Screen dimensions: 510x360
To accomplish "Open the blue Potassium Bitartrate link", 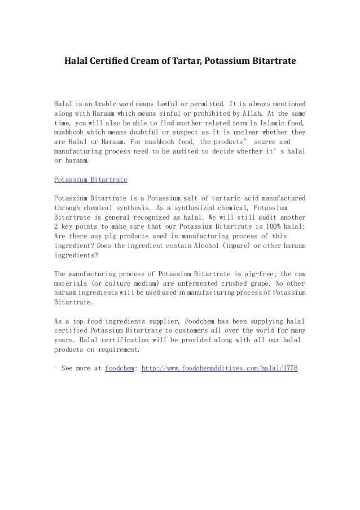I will pyautogui.click(x=90, y=180).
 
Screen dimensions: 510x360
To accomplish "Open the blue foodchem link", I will pyautogui.click(x=120, y=368).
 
